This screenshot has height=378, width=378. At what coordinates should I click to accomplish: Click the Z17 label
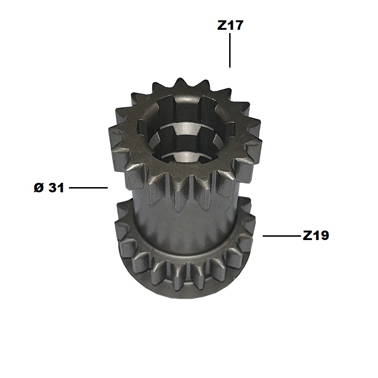pyautogui.click(x=230, y=26)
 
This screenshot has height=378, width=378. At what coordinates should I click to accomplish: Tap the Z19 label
pyautogui.click(x=316, y=235)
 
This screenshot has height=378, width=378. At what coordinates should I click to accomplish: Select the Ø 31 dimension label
pyautogui.click(x=49, y=188)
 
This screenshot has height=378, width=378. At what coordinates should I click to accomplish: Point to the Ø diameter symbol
pyautogui.click(x=39, y=188)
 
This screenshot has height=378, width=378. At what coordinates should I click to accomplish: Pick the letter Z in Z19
pyautogui.click(x=308, y=235)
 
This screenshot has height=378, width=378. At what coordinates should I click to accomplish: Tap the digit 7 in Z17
pyautogui.click(x=239, y=26)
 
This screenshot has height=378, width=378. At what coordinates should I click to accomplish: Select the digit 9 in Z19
pyautogui.click(x=324, y=235)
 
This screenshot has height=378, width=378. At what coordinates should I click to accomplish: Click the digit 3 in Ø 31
pyautogui.click(x=53, y=188)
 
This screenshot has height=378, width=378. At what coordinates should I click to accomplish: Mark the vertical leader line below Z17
pyautogui.click(x=230, y=51)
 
